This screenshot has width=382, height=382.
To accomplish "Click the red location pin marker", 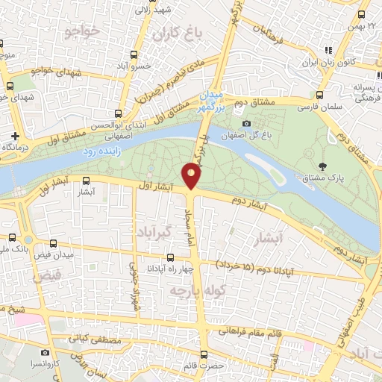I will (x=192, y=175).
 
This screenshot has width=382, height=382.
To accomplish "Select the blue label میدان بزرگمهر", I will (x=211, y=101).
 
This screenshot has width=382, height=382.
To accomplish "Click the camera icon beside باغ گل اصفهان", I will (x=246, y=123).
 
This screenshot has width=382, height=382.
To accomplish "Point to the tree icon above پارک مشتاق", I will (x=322, y=166).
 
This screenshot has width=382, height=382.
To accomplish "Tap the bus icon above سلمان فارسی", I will (x=319, y=95).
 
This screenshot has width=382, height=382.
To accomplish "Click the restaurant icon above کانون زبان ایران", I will (x=326, y=51).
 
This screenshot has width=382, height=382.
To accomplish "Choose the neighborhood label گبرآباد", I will (x=156, y=230).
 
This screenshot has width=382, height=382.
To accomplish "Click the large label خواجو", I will (x=82, y=31).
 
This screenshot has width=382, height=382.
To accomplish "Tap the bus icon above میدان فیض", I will (x=53, y=243).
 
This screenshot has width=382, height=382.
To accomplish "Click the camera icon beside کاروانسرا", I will (x=46, y=351).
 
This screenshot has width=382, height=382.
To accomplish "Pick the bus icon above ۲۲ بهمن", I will (x=362, y=14).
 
